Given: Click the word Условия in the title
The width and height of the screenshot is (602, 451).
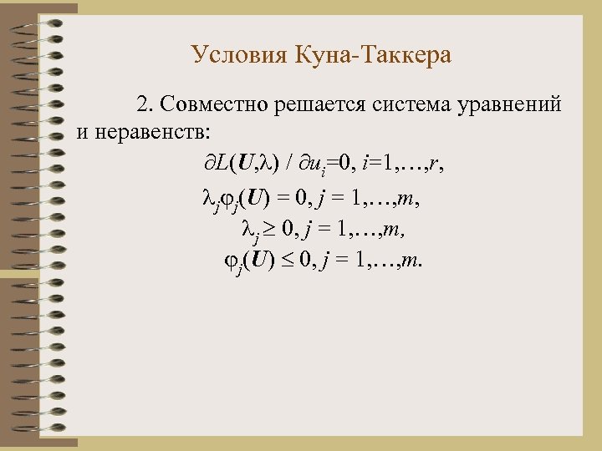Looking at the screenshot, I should [239, 56].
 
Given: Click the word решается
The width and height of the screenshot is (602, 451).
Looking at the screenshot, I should [314, 104].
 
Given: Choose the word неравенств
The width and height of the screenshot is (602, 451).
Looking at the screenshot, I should [159, 131].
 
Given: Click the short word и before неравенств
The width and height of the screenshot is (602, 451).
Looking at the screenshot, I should [81, 131].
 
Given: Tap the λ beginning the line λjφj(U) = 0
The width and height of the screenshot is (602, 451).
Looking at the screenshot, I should [210, 197].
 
